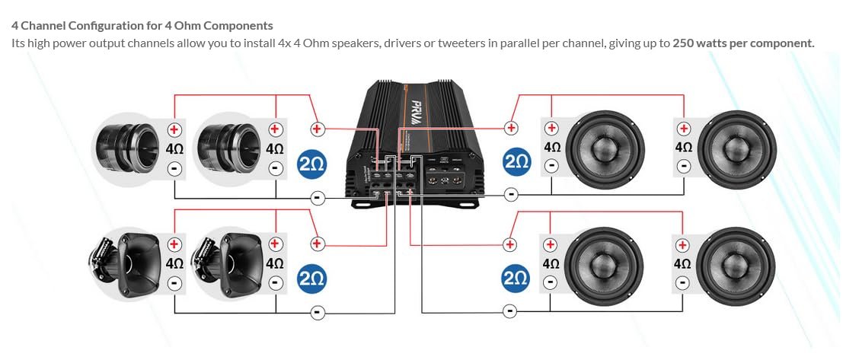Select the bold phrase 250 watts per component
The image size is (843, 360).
point(743,43)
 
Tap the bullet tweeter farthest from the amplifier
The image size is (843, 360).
point(125,147)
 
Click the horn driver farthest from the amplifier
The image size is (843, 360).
point(125,261)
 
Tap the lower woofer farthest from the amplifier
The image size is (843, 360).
point(736,263)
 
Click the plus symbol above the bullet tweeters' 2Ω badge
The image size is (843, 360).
point(318,129)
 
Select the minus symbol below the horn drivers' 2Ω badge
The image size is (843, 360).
point(318,312)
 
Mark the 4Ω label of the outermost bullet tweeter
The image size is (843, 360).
point(174,149)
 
